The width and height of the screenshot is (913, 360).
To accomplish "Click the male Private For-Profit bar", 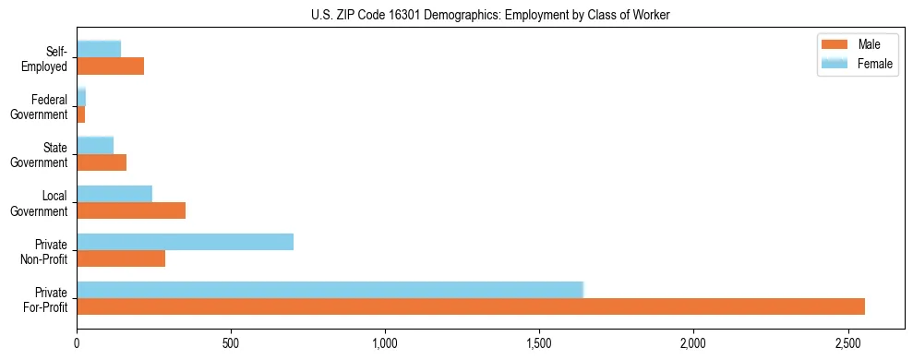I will click(471, 306).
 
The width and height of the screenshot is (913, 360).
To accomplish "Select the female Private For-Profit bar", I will click(330, 290).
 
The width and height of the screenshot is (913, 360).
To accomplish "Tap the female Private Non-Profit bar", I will click(185, 242).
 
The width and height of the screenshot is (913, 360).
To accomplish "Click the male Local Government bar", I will click(131, 210).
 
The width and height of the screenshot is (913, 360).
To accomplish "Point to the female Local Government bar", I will click(114, 194).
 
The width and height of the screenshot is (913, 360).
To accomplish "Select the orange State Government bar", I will click(102, 162).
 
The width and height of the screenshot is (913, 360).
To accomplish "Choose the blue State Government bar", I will click(95, 146).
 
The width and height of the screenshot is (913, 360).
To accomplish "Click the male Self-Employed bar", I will click(110, 66).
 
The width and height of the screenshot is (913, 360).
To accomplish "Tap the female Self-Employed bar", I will click(99, 50).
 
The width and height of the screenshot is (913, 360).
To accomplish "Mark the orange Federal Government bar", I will click(81, 114).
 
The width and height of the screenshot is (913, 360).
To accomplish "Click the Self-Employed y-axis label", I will click(46, 58).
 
